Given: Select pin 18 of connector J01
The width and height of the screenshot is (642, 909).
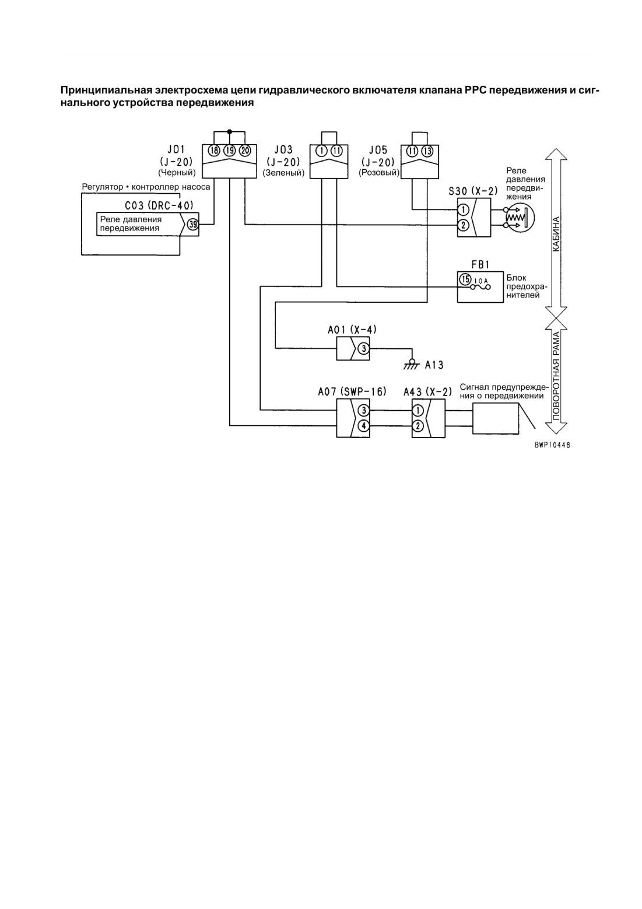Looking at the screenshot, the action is click(x=214, y=151).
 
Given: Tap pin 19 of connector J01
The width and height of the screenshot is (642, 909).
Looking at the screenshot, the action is click(x=229, y=151).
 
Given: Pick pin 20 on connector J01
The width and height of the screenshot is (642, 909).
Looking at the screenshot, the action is click(x=245, y=151).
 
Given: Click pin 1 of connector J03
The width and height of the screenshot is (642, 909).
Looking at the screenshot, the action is click(x=322, y=151).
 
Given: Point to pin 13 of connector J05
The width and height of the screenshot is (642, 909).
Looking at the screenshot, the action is click(x=427, y=151).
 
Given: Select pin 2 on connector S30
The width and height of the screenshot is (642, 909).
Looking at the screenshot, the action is click(x=464, y=225).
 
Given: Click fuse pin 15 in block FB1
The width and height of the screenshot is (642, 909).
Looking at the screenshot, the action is click(x=465, y=279).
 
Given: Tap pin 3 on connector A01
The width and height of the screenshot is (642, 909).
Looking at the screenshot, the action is click(x=364, y=348).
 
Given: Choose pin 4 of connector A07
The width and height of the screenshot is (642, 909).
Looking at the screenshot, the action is click(x=364, y=426).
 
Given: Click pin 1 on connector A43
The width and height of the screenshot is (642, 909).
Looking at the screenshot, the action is click(x=418, y=411).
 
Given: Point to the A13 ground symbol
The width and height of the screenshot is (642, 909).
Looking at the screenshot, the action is click(x=412, y=364).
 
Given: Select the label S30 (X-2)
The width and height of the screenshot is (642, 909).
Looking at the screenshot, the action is click(x=473, y=191).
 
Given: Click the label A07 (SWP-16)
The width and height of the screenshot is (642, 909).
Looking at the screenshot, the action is click(x=352, y=392).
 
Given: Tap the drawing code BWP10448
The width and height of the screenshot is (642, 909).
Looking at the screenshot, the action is click(x=552, y=445).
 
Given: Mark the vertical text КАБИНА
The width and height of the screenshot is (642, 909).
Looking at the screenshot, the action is click(x=556, y=234).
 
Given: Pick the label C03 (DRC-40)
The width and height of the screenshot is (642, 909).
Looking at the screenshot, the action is click(x=159, y=206).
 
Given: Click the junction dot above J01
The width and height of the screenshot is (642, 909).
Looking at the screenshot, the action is click(x=229, y=131).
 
